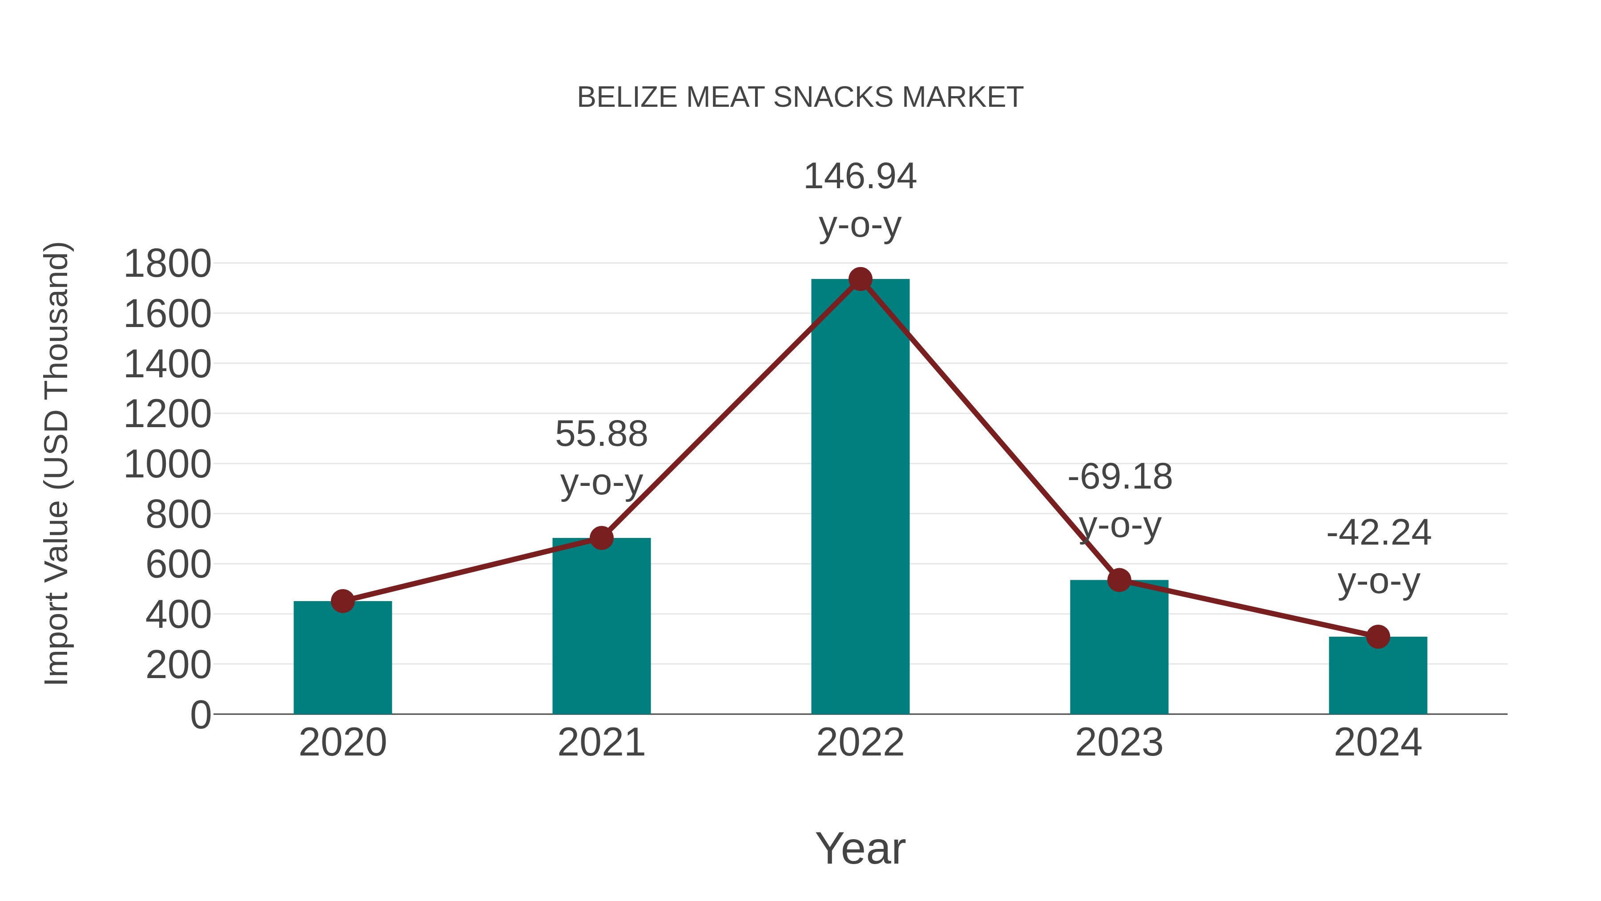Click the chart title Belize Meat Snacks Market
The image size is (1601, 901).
point(800,97)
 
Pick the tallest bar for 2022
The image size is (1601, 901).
point(860,497)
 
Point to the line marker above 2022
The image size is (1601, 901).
point(860,279)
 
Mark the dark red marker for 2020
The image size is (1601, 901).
point(342,601)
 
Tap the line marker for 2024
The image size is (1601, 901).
point(1378,637)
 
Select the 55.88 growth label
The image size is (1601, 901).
point(601,434)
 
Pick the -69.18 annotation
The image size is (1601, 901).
point(1120,477)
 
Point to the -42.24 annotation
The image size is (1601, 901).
point(1379,533)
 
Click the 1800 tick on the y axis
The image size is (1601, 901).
point(168,264)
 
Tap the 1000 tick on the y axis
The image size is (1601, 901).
point(168,465)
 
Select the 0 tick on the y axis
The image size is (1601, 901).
point(201,715)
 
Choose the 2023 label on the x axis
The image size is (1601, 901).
point(1119,743)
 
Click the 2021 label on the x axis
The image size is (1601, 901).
point(601,743)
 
